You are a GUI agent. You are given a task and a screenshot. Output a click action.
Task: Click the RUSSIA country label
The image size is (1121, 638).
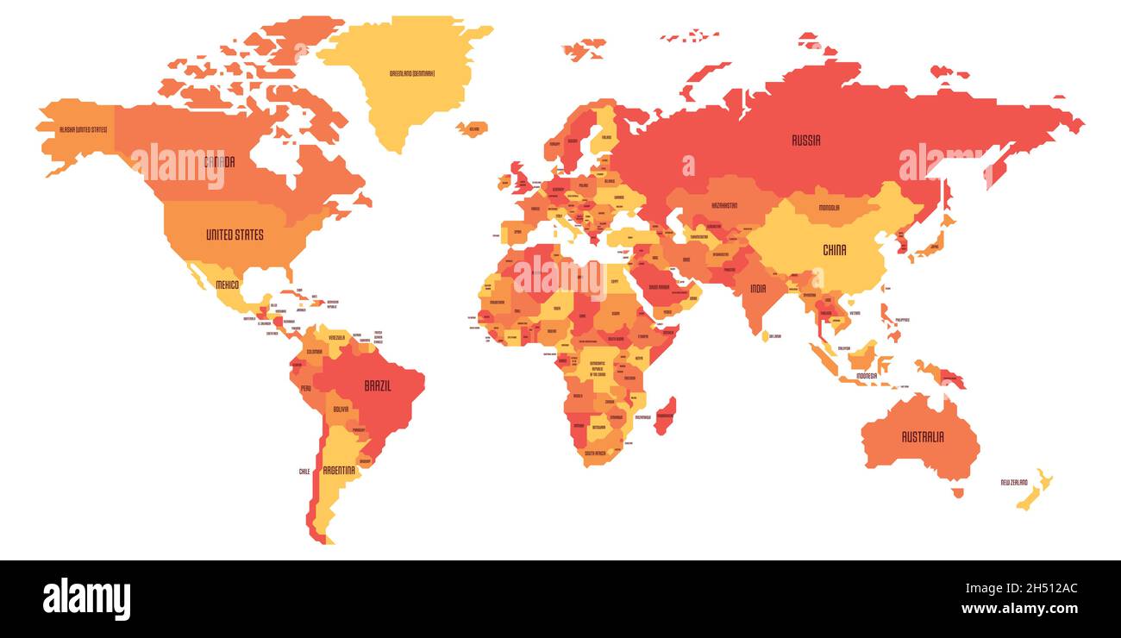(x=806, y=140)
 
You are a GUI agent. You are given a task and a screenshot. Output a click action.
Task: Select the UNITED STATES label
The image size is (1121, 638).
(x=235, y=235)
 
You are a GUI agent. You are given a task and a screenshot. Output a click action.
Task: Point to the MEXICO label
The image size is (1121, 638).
(x=228, y=285)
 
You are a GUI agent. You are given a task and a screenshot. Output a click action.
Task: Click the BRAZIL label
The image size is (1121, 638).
(x=377, y=386)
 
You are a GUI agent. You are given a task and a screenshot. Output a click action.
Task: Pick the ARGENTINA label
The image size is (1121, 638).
(x=339, y=470)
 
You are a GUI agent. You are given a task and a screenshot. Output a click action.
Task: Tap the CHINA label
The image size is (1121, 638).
(x=834, y=250)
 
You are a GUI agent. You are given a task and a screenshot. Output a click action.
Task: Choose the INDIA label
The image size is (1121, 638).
(x=758, y=289)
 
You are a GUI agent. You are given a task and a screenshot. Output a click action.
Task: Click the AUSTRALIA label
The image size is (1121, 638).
(x=922, y=437)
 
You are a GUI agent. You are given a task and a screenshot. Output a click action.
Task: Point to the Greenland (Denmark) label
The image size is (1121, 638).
(x=412, y=73)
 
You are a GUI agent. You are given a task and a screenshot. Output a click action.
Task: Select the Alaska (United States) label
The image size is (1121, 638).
(x=83, y=129)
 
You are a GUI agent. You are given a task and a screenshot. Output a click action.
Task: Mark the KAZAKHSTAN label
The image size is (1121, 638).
(x=724, y=205)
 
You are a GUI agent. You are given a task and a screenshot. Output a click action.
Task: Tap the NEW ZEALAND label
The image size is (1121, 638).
(x=1014, y=482)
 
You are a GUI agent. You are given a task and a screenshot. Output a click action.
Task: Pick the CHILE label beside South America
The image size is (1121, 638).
(x=304, y=472)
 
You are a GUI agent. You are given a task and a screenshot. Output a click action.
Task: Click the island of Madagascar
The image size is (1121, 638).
(x=664, y=416)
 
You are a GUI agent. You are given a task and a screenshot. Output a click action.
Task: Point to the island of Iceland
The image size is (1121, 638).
(x=472, y=129)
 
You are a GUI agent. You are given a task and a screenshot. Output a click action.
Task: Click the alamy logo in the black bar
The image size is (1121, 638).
(x=86, y=599)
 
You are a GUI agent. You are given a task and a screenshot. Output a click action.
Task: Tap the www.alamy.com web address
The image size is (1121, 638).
(x=1019, y=609)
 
